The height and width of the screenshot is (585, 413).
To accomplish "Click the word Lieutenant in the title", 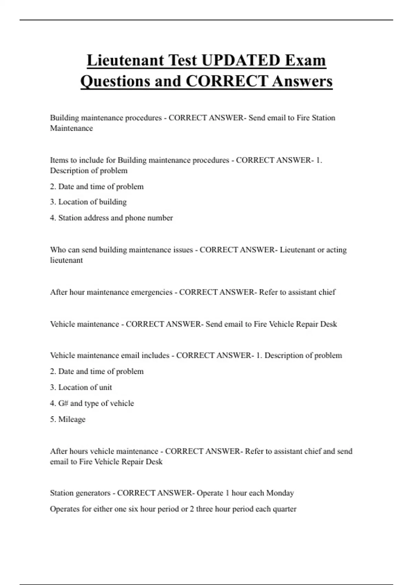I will point(125,60).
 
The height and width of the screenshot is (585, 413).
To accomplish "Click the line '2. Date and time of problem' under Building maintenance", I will point(97,187).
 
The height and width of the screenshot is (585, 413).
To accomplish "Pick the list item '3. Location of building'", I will point(88,202).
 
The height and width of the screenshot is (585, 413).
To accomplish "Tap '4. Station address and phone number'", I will point(111,218).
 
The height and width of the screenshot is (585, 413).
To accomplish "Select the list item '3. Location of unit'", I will point(81,387).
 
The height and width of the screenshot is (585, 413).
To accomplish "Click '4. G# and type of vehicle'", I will point(92,403).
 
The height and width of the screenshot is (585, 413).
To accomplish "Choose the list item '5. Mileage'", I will point(68,419).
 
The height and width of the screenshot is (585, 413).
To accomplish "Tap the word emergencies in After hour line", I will point(151,292).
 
